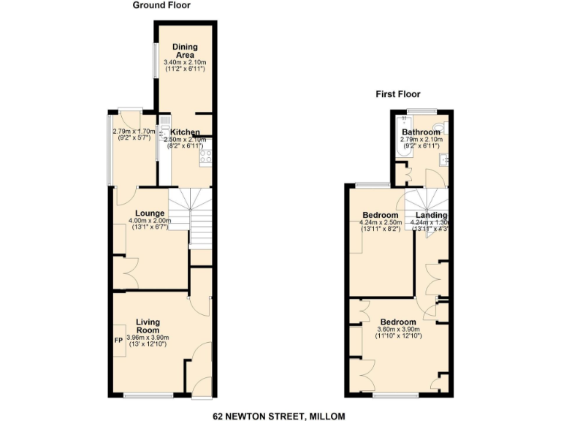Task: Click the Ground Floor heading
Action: tap(161, 5)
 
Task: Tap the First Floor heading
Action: tap(398, 94)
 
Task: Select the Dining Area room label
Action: tap(185, 51)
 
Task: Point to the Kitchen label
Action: tap(186, 132)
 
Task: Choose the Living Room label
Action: tap(148, 326)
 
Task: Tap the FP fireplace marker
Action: tap(118, 340)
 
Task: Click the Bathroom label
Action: tap(420, 132)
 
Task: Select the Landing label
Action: tap(432, 214)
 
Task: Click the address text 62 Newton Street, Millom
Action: tap(280, 416)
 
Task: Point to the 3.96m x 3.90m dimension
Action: tap(148, 338)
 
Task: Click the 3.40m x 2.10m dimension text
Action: tap(185, 62)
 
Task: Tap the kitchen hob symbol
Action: tap(205, 155)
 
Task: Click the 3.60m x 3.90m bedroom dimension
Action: tap(398, 330)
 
